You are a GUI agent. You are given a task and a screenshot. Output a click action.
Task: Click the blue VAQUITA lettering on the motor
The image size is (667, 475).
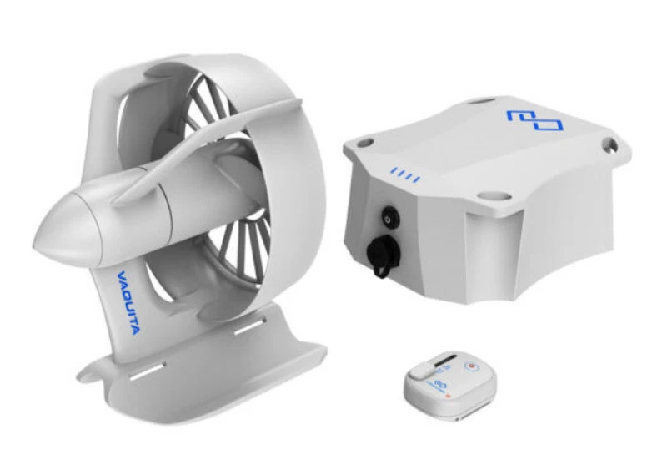click(127, 303)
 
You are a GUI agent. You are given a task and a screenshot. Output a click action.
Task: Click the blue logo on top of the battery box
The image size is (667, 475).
click(534, 120)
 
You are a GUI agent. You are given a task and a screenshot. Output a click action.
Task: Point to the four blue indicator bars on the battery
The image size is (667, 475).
click(405, 174)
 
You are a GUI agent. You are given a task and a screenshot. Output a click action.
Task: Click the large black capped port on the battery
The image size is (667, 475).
click(382, 255)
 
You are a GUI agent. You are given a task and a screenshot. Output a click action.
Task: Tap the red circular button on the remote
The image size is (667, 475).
click(472, 366)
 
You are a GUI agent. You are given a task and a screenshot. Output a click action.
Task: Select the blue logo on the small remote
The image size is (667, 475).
click(439, 384)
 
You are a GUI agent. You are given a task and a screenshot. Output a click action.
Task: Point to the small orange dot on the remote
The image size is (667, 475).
click(448, 397)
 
